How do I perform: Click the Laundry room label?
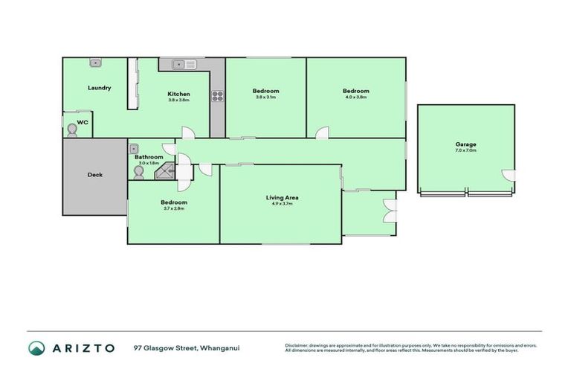click(99, 88)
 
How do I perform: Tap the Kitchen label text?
click(178, 94)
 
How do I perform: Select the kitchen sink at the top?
click(184, 65)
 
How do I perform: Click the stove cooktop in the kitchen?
click(218, 95)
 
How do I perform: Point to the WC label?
click(83, 121)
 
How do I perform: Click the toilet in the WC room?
click(71, 130)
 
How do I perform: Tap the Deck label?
click(95, 175)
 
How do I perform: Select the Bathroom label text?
click(149, 157)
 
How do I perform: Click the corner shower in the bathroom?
click(164, 172)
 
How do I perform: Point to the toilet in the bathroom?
click(138, 172)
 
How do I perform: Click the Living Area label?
click(282, 197)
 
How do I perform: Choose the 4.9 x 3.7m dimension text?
click(282, 204)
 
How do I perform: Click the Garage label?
click(465, 144)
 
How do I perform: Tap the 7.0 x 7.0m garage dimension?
click(465, 150)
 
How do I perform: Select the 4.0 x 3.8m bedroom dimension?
click(356, 97)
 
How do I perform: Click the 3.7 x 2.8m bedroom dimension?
click(174, 208)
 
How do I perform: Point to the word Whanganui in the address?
click(221, 348)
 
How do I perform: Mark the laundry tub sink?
click(96, 63)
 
